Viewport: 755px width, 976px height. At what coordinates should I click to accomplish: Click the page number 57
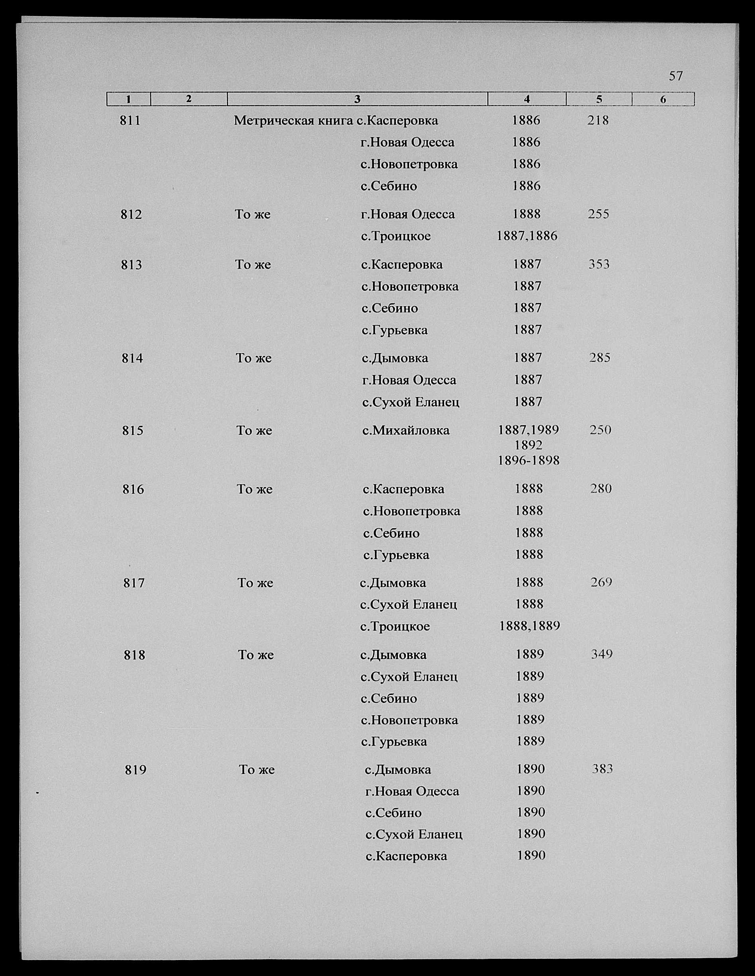(676, 77)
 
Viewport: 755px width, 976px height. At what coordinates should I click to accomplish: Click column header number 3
(357, 99)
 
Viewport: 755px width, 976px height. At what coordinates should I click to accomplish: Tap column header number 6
(663, 99)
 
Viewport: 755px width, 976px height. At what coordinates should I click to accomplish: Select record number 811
(130, 121)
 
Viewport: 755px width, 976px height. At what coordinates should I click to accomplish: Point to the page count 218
(598, 120)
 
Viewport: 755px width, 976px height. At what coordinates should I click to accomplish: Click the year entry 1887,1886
(527, 236)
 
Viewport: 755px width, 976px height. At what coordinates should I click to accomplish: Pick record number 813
(131, 265)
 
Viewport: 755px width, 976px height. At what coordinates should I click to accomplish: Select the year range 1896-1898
(529, 460)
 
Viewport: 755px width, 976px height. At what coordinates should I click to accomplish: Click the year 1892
(528, 445)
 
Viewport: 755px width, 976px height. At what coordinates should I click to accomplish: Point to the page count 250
(600, 430)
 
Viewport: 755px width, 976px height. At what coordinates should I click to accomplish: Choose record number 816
(133, 490)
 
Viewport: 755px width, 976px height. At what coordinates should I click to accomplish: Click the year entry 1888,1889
(529, 626)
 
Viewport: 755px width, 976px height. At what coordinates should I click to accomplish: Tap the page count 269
(601, 582)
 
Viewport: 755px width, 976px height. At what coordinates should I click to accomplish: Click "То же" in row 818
(256, 655)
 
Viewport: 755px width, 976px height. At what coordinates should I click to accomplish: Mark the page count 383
(602, 769)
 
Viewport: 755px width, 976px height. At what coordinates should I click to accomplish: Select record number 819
(136, 770)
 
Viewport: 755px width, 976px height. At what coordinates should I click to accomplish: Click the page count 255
(598, 214)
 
